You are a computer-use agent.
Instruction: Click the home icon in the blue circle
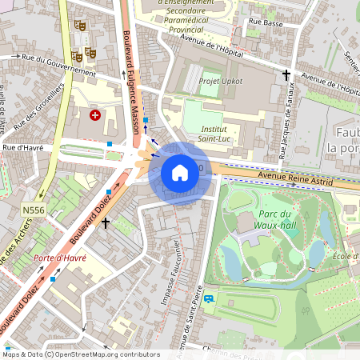click(179, 172)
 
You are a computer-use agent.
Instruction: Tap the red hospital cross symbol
click(96, 115)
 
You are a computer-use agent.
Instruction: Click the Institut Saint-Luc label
click(213, 134)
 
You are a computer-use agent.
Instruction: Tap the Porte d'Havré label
click(59, 258)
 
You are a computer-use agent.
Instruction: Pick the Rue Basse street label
click(267, 24)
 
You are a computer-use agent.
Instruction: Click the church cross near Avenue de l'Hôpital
click(286, 75)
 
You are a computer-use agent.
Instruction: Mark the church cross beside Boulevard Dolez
click(105, 222)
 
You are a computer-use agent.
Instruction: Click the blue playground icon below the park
click(209, 299)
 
